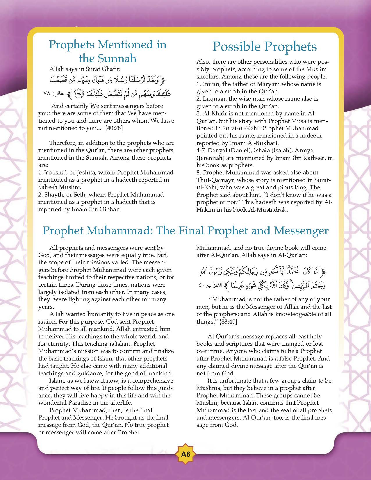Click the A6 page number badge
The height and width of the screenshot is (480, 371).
[x=185, y=454]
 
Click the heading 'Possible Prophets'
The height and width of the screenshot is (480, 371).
[x=265, y=47]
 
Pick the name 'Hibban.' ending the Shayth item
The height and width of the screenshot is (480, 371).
[x=111, y=209]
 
